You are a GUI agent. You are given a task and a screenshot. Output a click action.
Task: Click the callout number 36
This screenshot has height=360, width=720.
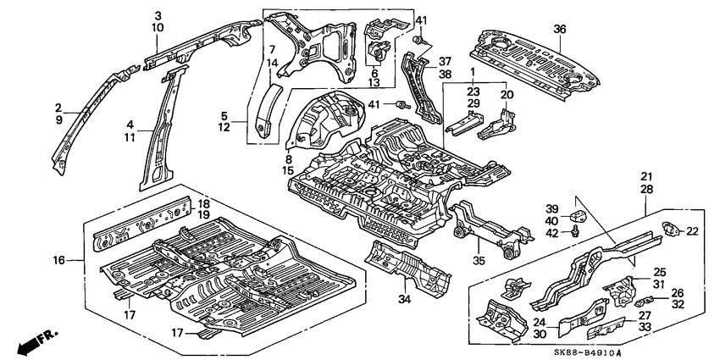pos(559,29)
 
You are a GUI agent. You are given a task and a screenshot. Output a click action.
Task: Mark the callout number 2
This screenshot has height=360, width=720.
pos(58,108)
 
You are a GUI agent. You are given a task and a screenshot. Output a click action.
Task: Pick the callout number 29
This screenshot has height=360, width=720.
pos(474,102)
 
